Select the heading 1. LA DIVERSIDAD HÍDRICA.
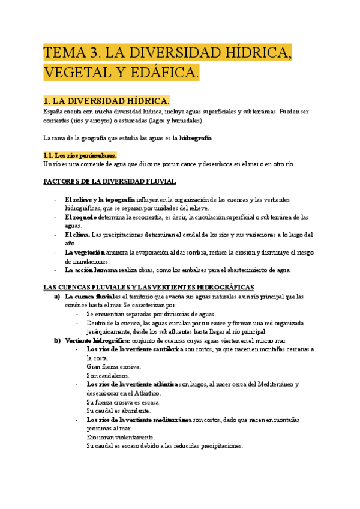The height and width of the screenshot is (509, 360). coord(107,100)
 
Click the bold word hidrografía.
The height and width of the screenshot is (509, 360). coord(191,138)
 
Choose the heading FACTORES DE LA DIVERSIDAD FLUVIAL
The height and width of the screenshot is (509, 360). coord(110,181)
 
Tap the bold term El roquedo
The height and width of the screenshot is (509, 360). coord(81,217)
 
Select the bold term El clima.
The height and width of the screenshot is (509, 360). coord(77,235)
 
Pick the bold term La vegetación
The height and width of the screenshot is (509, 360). coord(85,252)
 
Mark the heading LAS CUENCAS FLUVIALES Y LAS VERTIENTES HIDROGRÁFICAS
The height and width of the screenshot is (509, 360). coord(149,288)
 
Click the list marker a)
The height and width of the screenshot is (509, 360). coord(57,297)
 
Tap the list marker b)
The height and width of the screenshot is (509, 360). coord(57,340)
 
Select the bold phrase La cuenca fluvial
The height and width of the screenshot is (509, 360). coord(89,297)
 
